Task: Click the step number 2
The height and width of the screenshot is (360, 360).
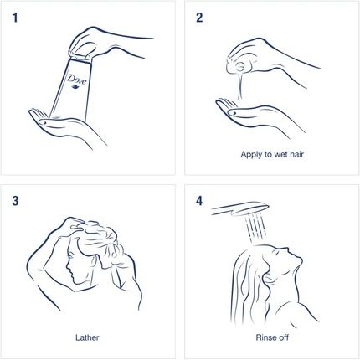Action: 199,18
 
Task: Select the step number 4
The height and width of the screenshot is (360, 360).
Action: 199,201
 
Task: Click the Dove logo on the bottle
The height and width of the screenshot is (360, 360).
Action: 77,82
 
